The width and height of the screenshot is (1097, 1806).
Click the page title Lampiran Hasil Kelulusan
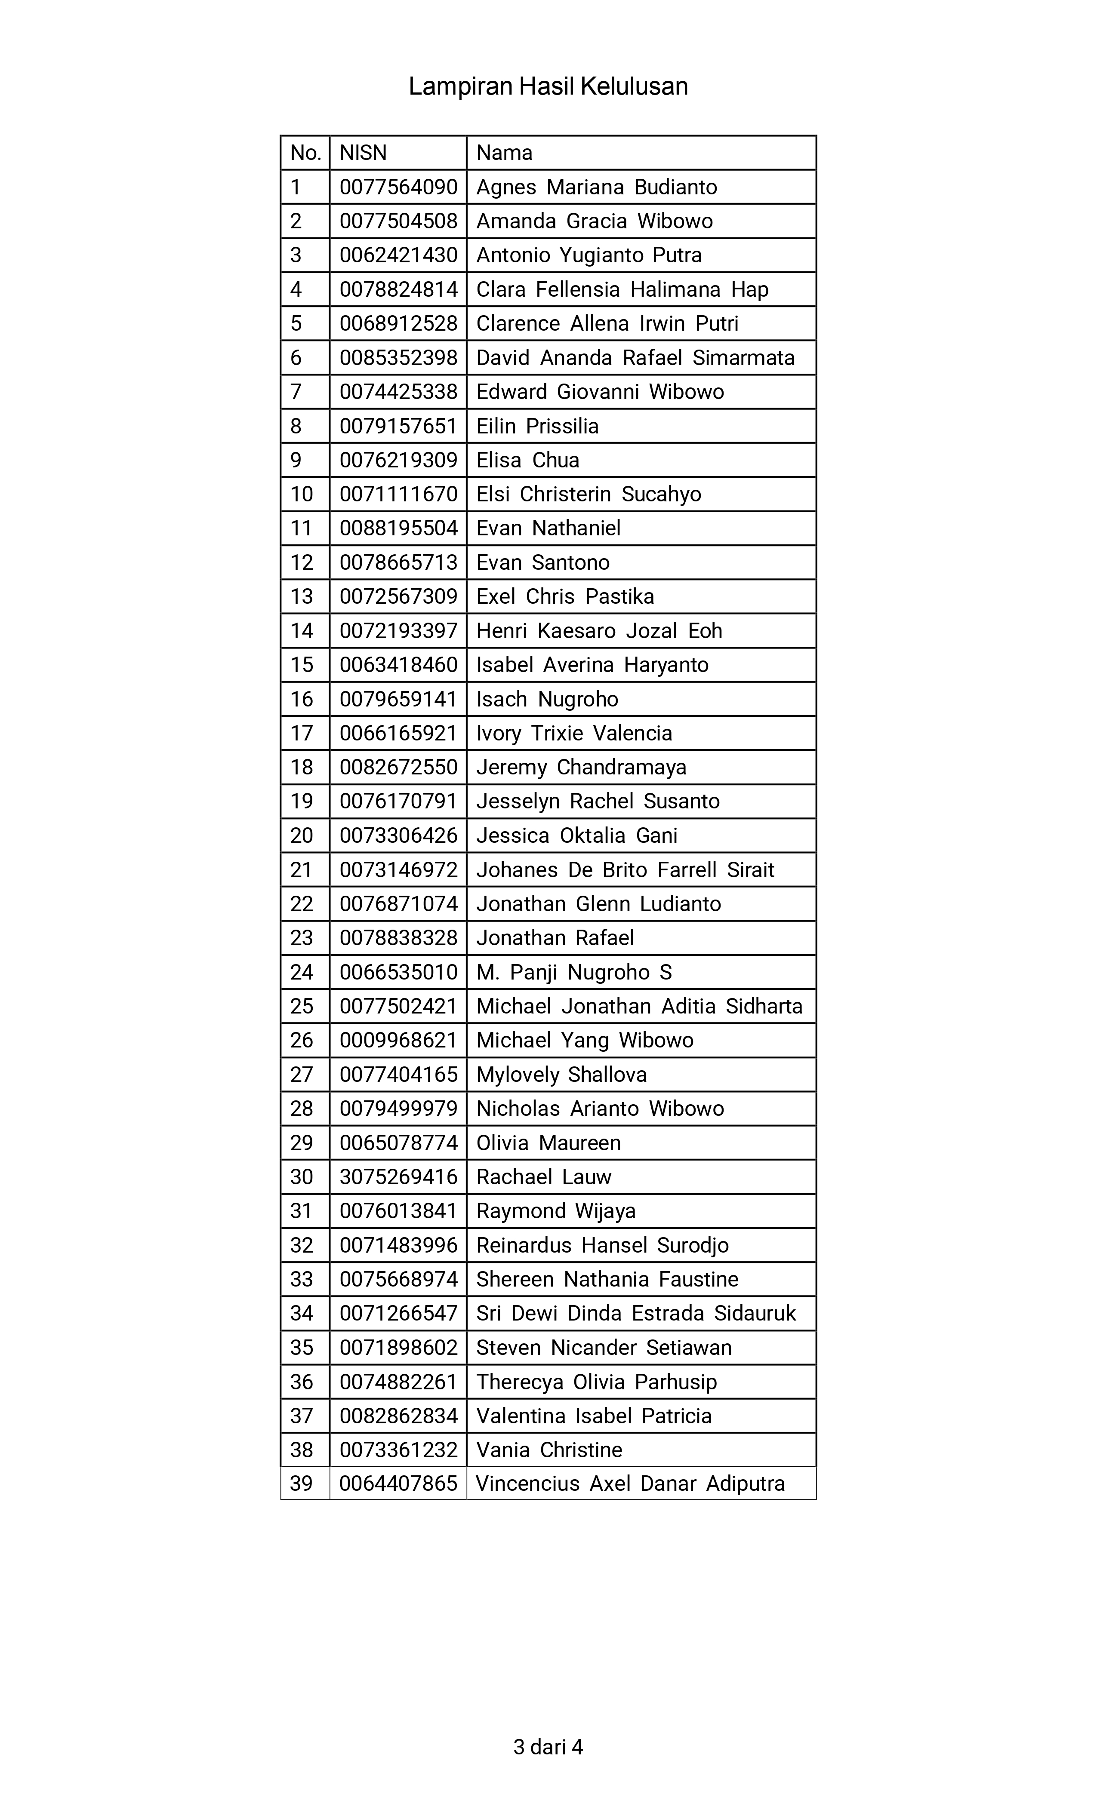(548, 86)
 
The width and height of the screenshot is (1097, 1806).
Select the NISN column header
(363, 153)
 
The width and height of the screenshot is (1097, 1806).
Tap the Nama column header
(505, 153)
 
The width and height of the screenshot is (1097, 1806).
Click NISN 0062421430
(398, 255)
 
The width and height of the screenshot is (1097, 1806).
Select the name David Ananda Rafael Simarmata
(635, 358)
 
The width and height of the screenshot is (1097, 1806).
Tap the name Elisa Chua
(528, 460)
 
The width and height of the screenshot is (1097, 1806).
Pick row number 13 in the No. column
(302, 596)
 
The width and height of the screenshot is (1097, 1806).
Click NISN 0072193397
(398, 630)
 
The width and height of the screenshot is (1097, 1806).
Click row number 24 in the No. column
(302, 972)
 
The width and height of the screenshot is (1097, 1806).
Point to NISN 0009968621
(398, 1040)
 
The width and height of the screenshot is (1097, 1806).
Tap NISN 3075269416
(398, 1176)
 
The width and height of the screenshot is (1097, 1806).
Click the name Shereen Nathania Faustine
(607, 1279)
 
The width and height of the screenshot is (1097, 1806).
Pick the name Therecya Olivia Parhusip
(596, 1382)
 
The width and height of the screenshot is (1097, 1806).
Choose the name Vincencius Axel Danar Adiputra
(630, 1483)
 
